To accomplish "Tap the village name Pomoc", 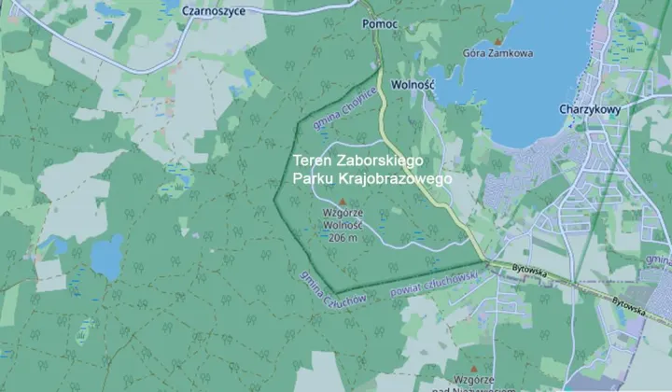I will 381,21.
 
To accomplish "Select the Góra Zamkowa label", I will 498,53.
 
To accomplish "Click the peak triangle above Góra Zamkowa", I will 498,41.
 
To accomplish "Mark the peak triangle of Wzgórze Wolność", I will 342,202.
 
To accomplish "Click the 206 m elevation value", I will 343,237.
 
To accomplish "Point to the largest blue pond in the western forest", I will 106,257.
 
